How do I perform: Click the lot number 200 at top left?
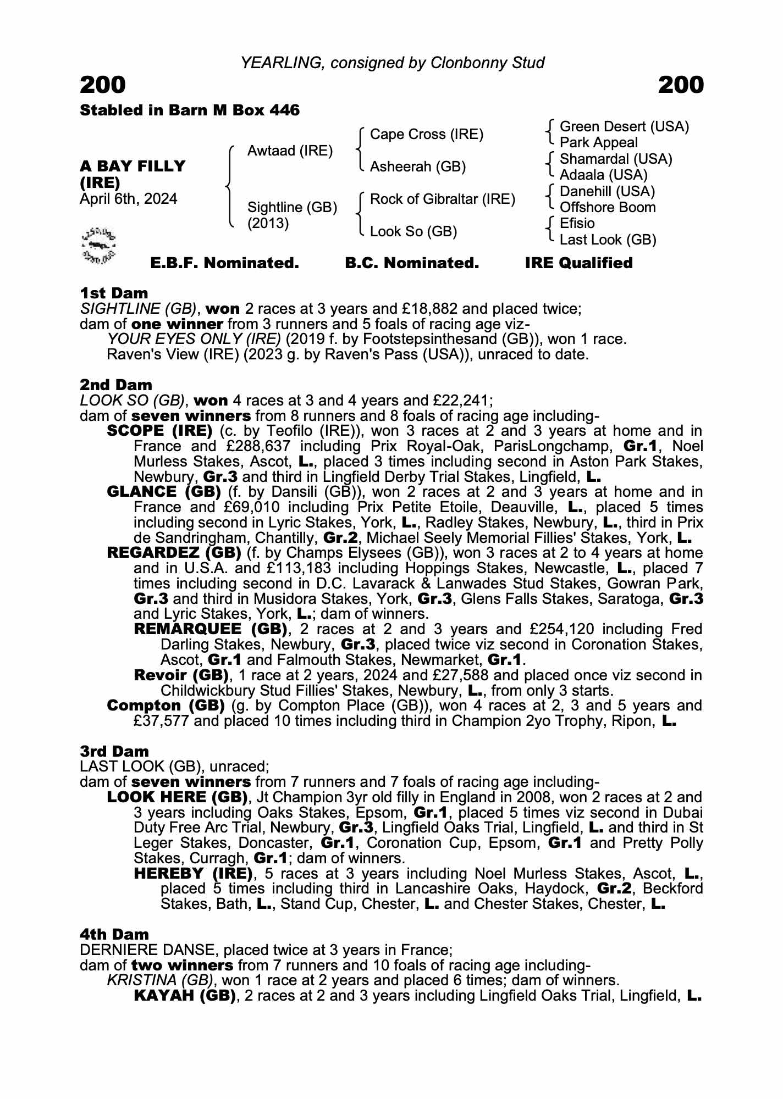pos(103,85)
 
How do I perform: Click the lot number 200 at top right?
pos(680,85)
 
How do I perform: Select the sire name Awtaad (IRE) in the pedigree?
pos(290,151)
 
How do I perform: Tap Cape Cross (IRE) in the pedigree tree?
pos(427,135)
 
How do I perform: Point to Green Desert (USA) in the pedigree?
pos(624,127)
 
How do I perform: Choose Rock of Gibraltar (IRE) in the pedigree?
pos(443,199)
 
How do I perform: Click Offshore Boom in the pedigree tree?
pos(608,208)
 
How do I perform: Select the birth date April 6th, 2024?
pos(129,199)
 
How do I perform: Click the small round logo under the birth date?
pos(98,244)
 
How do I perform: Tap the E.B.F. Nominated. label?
pos(224,263)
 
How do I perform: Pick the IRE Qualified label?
pos(578,263)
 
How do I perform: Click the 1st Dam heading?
pos(114,293)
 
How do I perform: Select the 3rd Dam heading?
pos(114,751)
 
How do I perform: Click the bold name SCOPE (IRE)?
pos(159,431)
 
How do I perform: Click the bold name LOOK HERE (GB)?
pos(177,797)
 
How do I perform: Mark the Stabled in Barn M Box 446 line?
pos(190,110)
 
